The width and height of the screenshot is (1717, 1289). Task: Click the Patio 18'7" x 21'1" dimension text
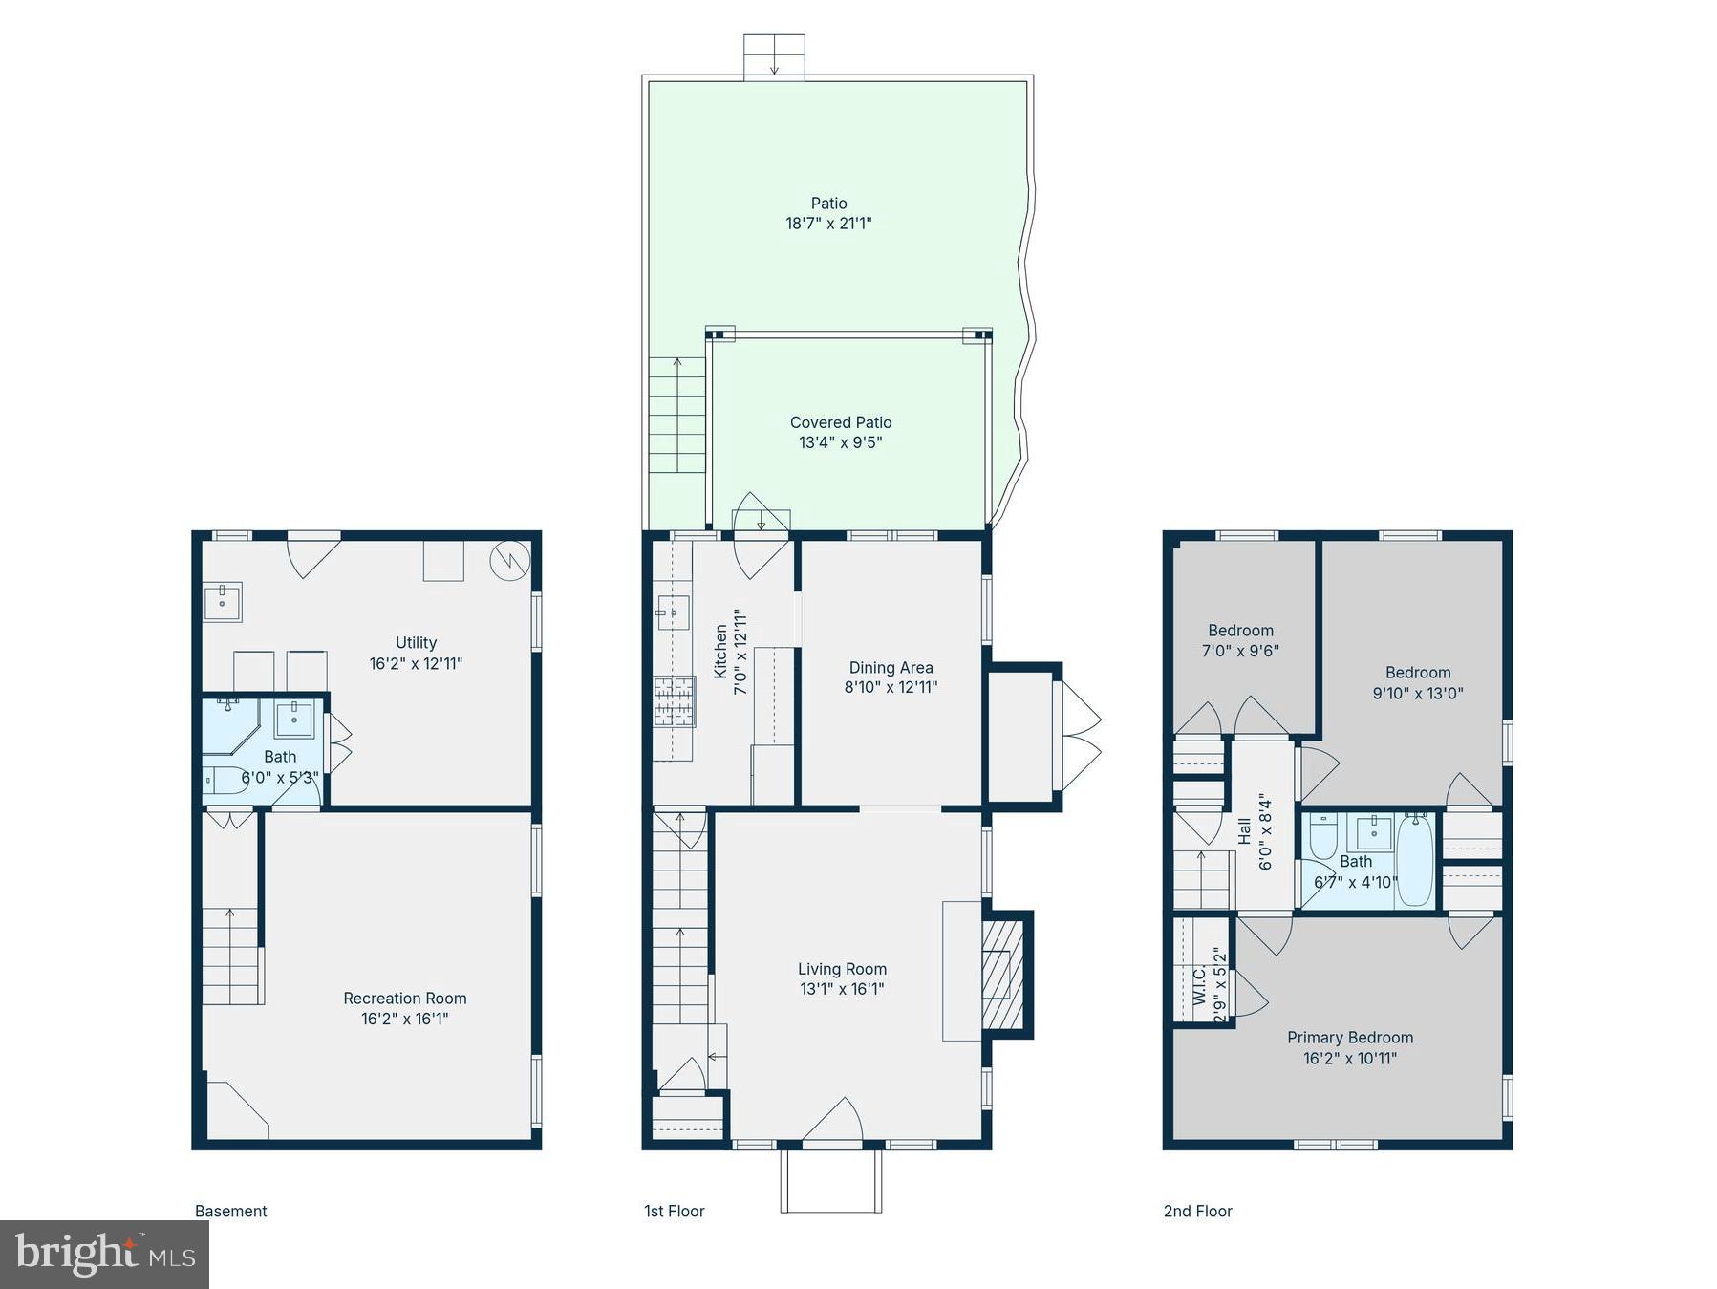point(828,224)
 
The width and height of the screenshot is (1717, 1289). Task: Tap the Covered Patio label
point(841,422)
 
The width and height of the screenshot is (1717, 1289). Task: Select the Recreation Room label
point(405,999)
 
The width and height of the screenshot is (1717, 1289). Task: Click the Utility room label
point(416,643)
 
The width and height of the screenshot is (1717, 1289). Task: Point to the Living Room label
point(842,969)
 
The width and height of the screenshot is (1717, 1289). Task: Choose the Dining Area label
point(891,668)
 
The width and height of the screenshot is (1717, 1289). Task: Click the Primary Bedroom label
point(1349,1038)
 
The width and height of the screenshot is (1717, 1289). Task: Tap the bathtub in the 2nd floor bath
point(1415,860)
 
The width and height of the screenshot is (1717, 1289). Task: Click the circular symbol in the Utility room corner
point(509,562)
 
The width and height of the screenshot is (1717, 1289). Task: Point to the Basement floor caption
point(230,1211)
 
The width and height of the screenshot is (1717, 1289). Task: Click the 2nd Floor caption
point(1197,1211)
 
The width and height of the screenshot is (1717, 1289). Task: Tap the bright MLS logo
point(104,1254)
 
